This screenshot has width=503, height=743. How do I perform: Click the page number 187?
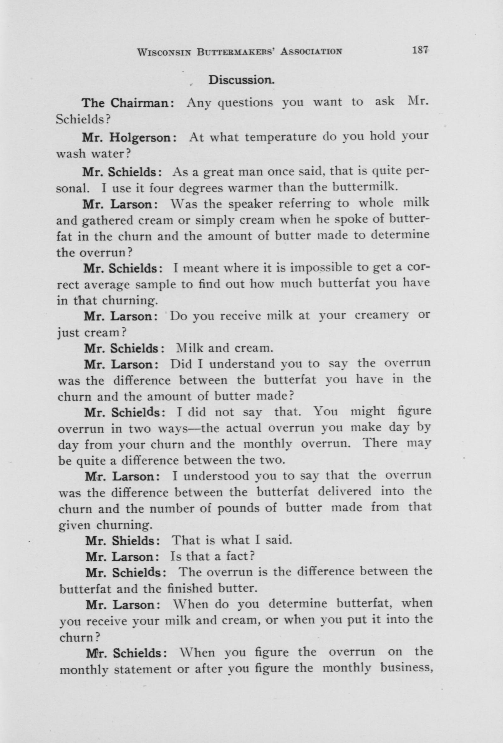420,50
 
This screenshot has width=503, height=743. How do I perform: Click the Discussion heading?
241,80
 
